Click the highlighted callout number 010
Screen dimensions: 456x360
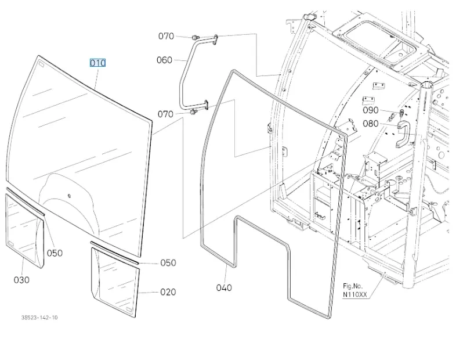click(97, 63)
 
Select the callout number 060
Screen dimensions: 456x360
click(165, 60)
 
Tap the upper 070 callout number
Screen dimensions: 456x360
click(166, 36)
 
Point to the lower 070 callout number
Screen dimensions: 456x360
click(165, 114)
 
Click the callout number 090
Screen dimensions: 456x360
click(371, 110)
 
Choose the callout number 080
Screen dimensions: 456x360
click(371, 124)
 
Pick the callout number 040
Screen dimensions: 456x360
click(224, 288)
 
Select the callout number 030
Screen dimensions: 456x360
click(21, 280)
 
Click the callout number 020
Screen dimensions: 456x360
click(168, 292)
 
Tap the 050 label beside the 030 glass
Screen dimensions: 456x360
click(55, 253)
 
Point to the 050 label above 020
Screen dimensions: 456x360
click(168, 263)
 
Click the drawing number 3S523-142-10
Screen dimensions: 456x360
click(39, 318)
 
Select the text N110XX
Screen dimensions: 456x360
click(355, 294)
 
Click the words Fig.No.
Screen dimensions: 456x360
click(353, 286)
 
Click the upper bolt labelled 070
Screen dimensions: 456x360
click(196, 37)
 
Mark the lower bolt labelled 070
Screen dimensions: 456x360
click(193, 111)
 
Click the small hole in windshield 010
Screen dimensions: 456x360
click(69, 196)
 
